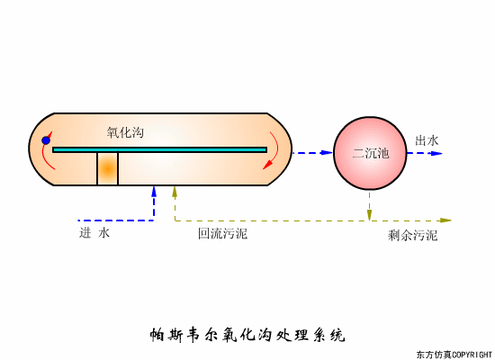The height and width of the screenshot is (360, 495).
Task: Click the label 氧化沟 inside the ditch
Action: [x=125, y=132]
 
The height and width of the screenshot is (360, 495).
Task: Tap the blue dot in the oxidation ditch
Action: [x=46, y=140]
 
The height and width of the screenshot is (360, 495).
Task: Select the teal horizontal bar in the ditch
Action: [x=160, y=149]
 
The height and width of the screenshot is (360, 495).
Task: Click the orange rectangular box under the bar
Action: [x=108, y=169]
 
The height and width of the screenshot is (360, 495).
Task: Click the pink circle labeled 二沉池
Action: [x=370, y=153]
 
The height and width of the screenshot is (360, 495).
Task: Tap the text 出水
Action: [x=427, y=140]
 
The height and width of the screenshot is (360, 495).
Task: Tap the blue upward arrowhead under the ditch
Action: [x=154, y=191]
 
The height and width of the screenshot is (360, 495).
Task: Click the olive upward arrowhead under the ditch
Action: [x=175, y=191]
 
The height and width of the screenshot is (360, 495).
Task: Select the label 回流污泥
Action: [x=222, y=233]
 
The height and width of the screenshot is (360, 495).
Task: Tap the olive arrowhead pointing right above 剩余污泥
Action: [x=445, y=220]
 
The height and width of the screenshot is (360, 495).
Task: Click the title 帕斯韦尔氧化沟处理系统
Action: [x=247, y=336]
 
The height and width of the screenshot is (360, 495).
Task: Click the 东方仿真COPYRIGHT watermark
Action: [x=454, y=354]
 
